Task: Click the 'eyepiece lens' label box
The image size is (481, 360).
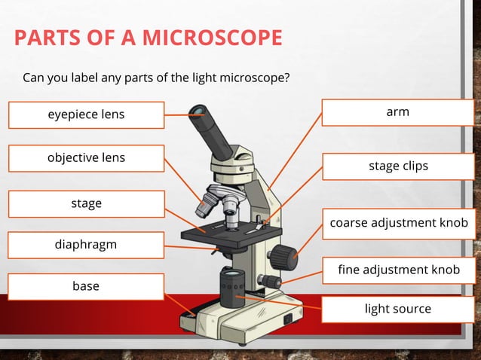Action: click(x=86, y=115)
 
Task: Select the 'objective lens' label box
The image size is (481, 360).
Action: click(x=86, y=158)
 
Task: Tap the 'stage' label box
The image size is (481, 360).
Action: click(x=86, y=203)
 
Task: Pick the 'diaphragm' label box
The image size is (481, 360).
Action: click(x=86, y=245)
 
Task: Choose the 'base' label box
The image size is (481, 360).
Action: click(x=86, y=286)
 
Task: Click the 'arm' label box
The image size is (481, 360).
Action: click(x=397, y=112)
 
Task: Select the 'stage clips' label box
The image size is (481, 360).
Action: click(x=397, y=166)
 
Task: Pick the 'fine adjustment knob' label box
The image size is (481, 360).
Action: click(x=397, y=270)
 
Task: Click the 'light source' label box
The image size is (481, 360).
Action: click(x=397, y=309)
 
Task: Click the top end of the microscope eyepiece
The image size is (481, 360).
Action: click(x=198, y=113)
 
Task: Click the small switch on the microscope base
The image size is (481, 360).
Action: click(x=286, y=319)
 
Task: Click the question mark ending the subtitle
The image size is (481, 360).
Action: click(x=287, y=78)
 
